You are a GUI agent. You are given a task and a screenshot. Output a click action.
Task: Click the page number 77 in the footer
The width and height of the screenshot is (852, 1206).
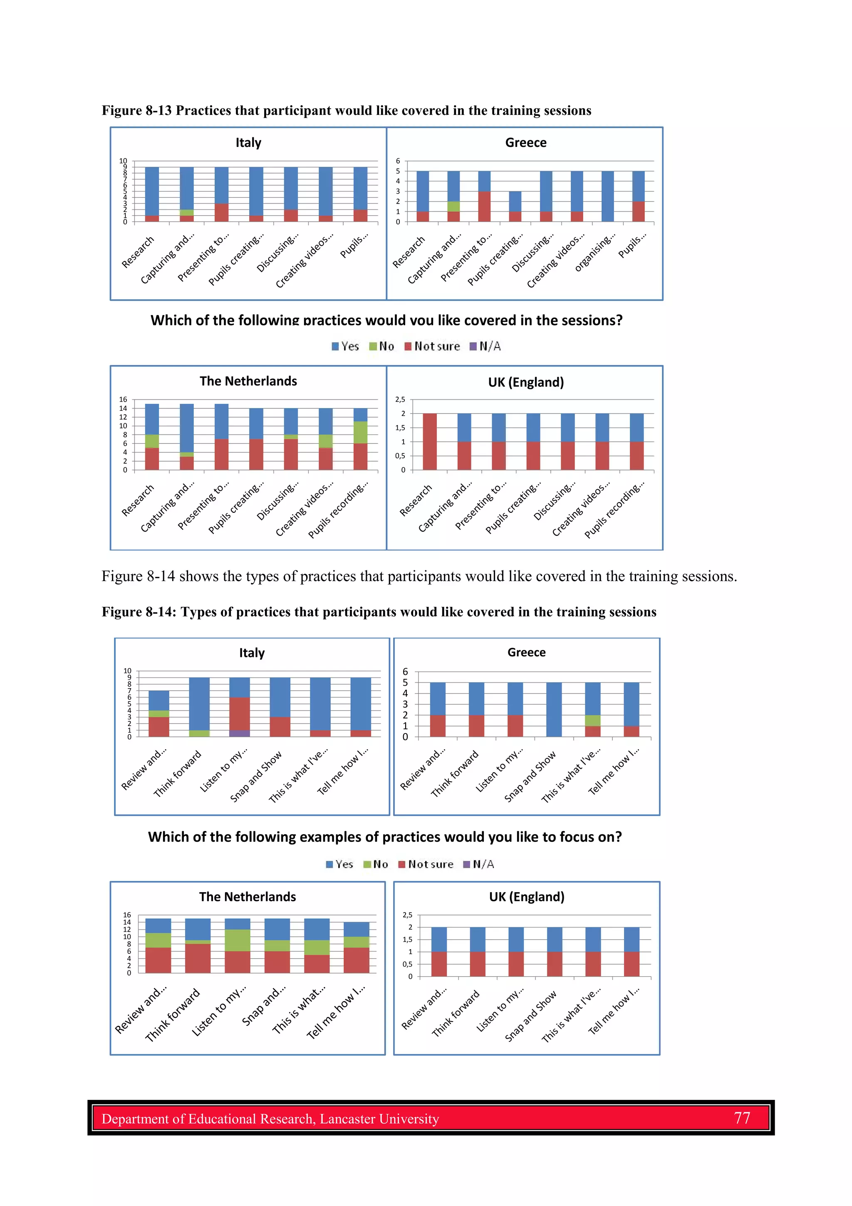coord(742,1118)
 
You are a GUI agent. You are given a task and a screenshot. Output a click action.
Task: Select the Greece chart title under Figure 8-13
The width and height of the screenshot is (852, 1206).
coord(525,142)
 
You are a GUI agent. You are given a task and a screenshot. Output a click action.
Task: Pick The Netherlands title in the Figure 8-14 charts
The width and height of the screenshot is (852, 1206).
coord(247,897)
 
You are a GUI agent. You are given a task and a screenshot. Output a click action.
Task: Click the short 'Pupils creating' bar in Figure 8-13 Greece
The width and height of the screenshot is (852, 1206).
coord(515,206)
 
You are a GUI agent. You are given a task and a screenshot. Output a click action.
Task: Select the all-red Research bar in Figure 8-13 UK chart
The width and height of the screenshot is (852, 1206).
coord(429,441)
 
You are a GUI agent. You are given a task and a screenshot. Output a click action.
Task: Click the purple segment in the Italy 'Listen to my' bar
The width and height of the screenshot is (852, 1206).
coord(239,733)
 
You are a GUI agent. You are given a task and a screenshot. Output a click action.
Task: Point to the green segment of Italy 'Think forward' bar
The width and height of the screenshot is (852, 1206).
coord(199,733)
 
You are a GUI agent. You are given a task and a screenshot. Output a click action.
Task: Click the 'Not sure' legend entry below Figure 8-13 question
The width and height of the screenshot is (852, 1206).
coord(432,346)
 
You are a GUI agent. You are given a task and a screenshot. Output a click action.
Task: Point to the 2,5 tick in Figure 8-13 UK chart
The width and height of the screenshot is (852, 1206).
coord(400,400)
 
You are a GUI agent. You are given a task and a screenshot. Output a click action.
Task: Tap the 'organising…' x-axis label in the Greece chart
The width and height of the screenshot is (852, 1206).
coord(594,254)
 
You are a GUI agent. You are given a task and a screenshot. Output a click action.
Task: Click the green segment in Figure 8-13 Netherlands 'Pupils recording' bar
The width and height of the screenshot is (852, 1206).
coord(360,432)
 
